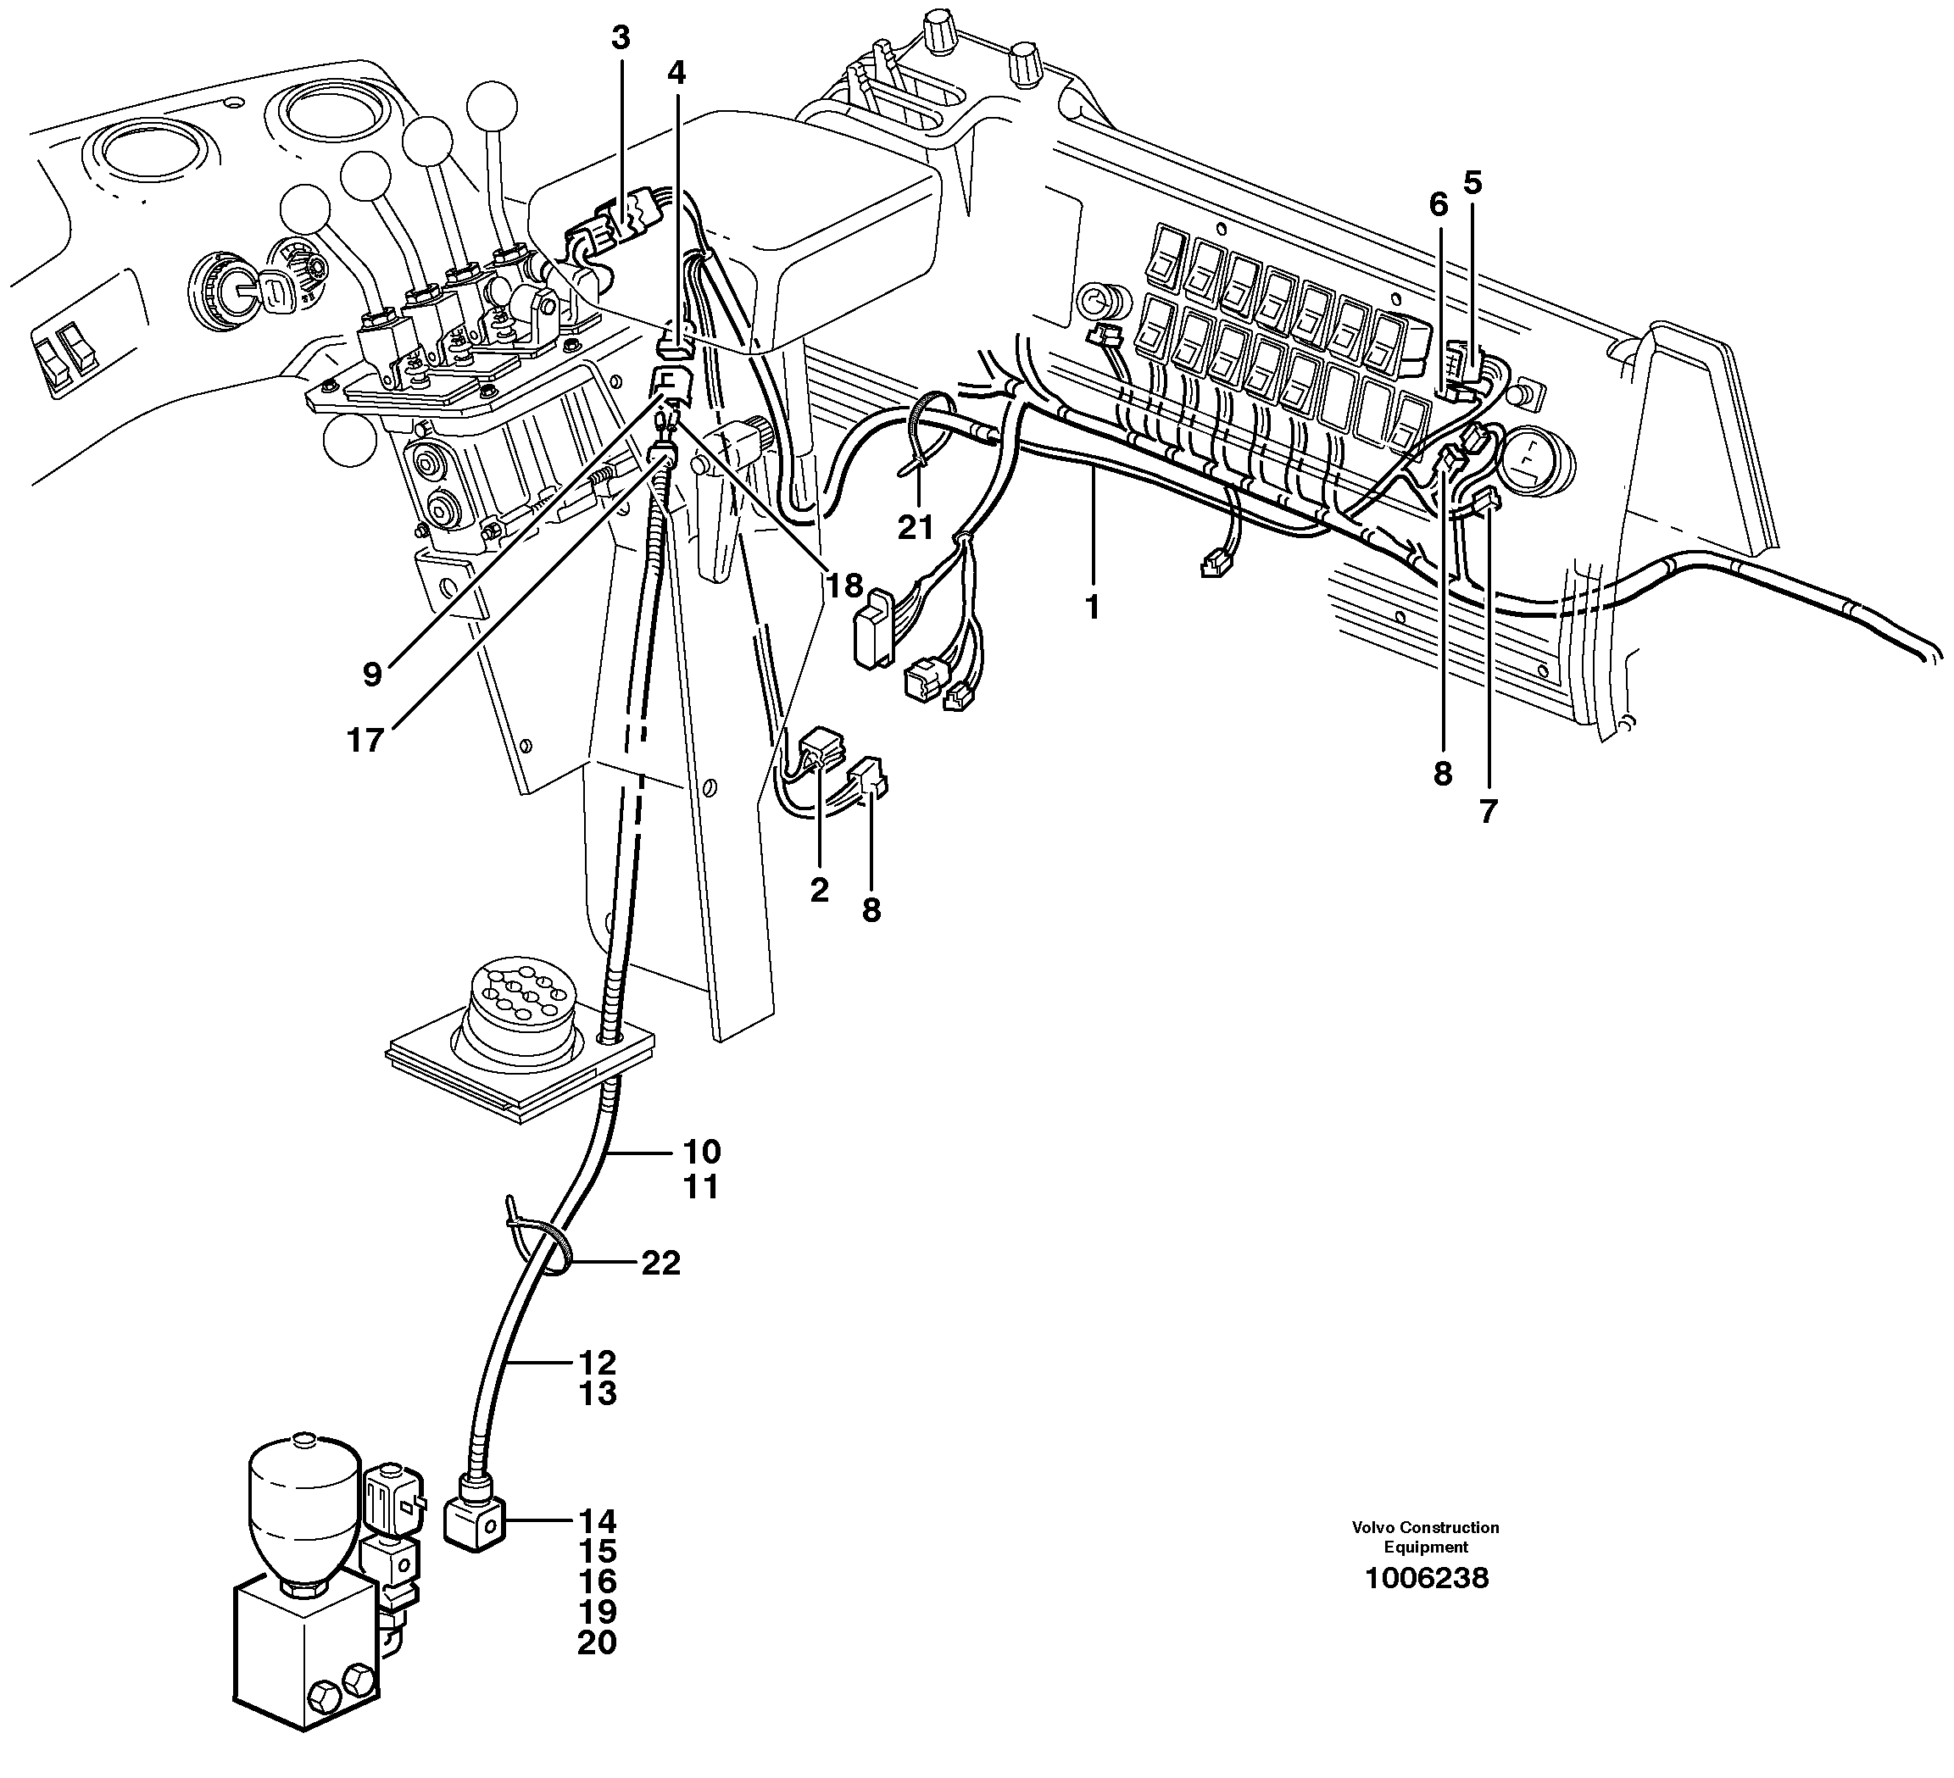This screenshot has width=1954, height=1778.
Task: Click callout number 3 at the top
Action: (621, 39)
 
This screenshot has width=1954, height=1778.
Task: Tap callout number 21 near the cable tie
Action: (915, 528)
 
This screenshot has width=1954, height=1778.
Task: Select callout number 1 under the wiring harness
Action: (1093, 608)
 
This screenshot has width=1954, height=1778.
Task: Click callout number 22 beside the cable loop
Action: (660, 1264)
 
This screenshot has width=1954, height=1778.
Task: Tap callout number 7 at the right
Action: (1489, 811)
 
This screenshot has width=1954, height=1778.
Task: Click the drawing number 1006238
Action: (1426, 1578)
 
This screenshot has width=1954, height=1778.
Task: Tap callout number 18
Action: (844, 586)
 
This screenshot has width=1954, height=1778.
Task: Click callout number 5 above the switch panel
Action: (1473, 182)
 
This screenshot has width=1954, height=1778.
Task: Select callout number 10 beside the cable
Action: (702, 1152)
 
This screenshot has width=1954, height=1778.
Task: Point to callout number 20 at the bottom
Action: (597, 1643)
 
